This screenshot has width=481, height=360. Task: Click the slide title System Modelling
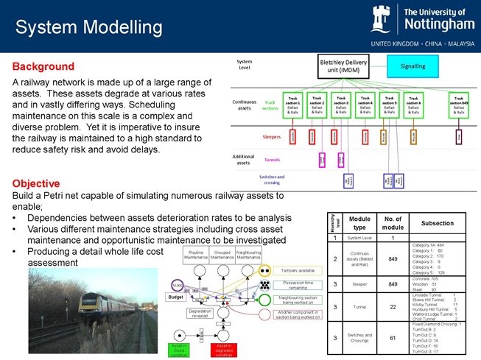[x=88, y=28]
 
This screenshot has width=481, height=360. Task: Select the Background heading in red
[x=43, y=66]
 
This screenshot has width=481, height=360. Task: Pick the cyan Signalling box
[x=412, y=66]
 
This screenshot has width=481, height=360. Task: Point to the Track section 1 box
[x=293, y=104]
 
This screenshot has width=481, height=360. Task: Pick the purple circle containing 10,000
[x=177, y=285]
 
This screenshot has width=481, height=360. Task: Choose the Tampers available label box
[x=296, y=269]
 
